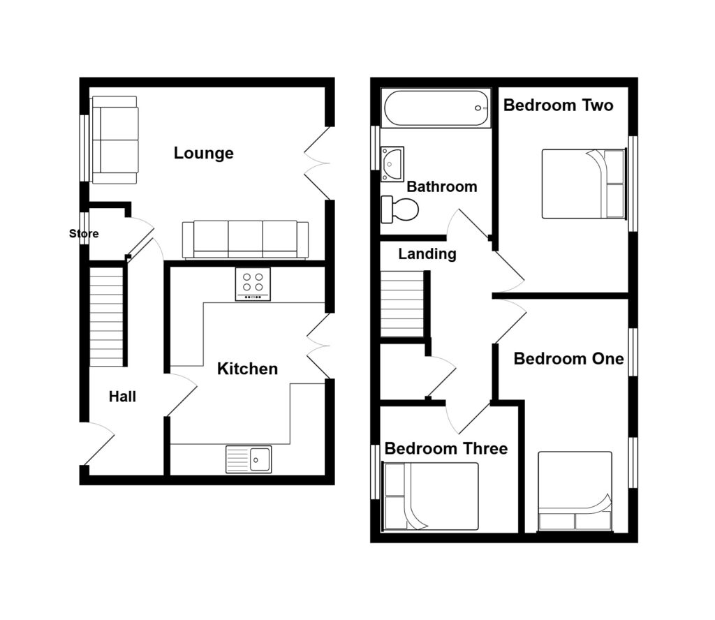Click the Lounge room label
pos(203,153)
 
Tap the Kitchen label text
pos(247,369)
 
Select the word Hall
pos(122,397)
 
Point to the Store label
pos(84,233)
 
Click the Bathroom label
pos(442,186)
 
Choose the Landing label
pos(427,254)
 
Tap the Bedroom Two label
pos(558,105)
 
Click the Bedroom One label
pos(568,359)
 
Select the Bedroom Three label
pos(446,448)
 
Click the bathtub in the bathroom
pos(436,108)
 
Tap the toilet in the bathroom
pos(399,209)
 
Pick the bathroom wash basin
pos(392,163)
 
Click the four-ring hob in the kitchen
pos(253,284)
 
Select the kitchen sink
pos(249,459)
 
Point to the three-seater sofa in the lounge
pos(245,240)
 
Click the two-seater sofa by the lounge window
pos(115,140)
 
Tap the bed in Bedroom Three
pos(431,496)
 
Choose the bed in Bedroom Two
pos(583,184)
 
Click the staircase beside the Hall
pos(106,317)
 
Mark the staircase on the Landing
pos(402,304)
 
